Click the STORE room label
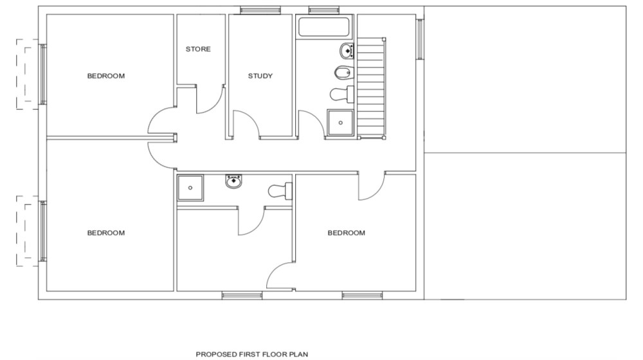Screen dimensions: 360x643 198,49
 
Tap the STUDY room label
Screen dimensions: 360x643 260,76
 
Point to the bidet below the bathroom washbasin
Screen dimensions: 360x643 343,71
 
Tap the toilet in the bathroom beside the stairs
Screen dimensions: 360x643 341,94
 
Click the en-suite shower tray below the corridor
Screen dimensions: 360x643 190,188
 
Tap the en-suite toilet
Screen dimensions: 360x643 280,190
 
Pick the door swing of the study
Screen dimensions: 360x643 245,123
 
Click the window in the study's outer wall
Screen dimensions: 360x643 260,10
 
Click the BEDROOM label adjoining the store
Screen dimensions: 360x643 106,76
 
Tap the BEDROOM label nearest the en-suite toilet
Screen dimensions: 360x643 346,233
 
